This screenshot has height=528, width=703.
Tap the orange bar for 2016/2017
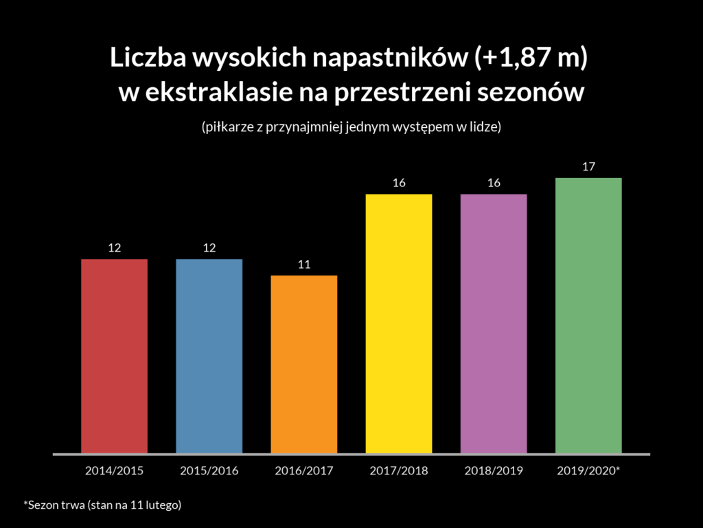304,364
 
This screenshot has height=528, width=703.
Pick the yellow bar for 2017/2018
399,324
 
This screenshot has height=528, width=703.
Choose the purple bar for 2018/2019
494,324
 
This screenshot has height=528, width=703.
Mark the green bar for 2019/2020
588,316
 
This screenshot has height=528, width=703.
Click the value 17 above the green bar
588,166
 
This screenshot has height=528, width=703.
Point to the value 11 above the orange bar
304,264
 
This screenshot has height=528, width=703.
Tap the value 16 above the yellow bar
399,183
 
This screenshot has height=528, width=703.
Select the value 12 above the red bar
115,247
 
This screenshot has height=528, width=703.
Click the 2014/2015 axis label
115,472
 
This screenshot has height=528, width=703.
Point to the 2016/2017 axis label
304,472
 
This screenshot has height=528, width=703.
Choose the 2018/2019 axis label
494,472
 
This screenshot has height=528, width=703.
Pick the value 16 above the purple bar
494,183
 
